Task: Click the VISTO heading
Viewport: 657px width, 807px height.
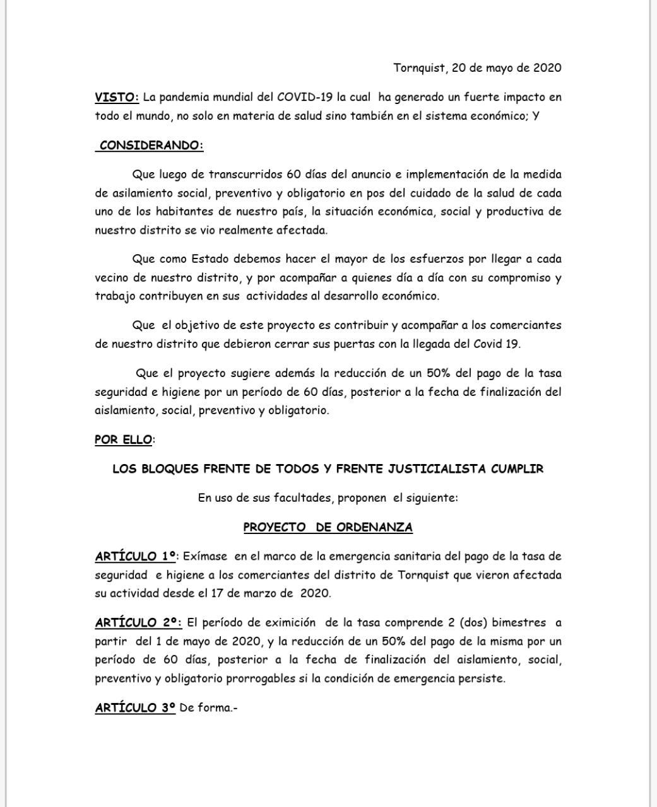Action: coord(117,97)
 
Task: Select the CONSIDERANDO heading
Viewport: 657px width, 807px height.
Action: coord(151,145)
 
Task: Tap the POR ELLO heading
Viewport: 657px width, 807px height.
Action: coord(123,439)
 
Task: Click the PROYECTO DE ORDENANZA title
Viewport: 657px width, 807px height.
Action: coord(328,527)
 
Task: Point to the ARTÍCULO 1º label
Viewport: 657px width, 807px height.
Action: coord(136,556)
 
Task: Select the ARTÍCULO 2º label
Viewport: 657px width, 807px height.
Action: coord(138,622)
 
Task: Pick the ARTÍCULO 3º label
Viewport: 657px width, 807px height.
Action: coord(135,707)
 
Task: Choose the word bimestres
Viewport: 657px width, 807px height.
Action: coord(519,622)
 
